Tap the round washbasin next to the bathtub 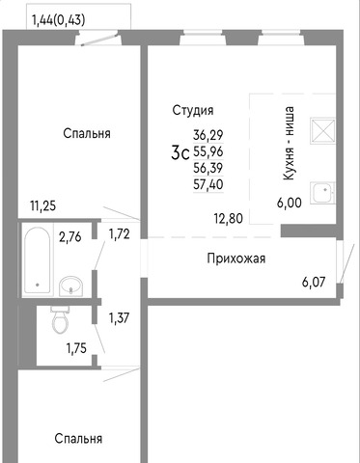[70, 286]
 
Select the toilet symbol [60, 319]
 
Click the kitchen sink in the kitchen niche [322, 193]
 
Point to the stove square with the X [322, 130]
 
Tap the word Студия [193, 110]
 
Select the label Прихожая [236, 259]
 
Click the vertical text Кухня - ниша [289, 143]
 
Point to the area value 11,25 [42, 205]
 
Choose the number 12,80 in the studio [229, 219]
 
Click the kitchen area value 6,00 [290, 203]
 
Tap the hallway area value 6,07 [314, 282]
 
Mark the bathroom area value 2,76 [69, 237]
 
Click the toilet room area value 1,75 [76, 348]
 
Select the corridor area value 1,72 [120, 234]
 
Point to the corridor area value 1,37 [119, 318]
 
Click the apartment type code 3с [180, 152]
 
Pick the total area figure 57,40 [208, 184]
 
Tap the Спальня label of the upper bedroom [87, 133]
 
